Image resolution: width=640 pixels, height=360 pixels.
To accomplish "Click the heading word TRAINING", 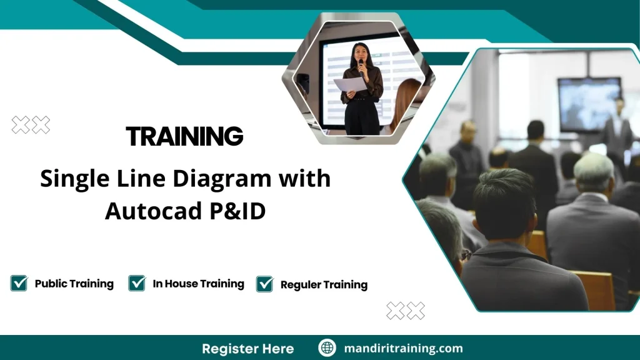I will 184,136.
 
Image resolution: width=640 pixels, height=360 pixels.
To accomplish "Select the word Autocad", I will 152,211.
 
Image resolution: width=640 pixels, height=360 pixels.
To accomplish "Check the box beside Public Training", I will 19,283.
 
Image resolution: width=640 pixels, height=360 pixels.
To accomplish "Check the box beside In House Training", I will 137,283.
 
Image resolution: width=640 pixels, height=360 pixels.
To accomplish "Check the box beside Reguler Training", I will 265,284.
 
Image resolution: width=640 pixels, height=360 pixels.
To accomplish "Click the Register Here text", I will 247,348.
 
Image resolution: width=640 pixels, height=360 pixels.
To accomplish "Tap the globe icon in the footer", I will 327,348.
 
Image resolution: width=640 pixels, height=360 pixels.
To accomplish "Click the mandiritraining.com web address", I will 403,348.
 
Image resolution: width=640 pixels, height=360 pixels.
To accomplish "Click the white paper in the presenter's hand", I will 349,84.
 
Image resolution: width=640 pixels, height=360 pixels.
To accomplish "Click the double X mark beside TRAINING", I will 31,125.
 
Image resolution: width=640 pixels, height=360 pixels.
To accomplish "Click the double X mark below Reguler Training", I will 405,310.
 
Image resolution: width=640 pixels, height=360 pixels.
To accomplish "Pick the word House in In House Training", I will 181,284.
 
